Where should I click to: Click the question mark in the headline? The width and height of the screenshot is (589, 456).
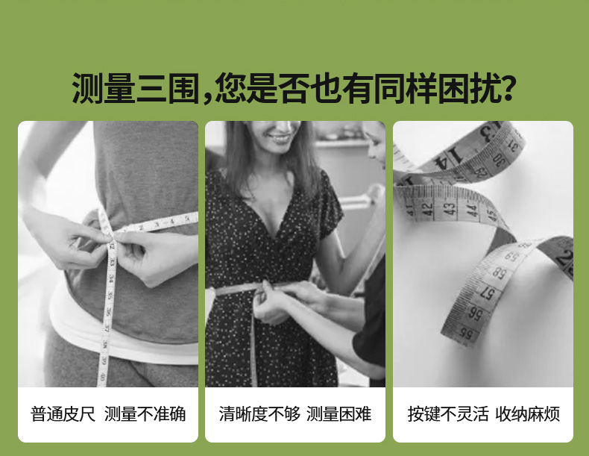click(x=508, y=87)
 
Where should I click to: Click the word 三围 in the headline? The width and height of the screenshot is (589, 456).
click(x=167, y=88)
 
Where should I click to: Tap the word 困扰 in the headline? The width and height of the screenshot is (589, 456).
click(x=470, y=88)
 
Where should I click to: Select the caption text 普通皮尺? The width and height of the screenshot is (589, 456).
click(x=63, y=414)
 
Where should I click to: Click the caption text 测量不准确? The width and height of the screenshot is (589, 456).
click(x=145, y=414)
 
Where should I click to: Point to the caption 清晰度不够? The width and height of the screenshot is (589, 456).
click(x=259, y=414)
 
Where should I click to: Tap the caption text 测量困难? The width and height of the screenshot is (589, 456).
click(x=338, y=414)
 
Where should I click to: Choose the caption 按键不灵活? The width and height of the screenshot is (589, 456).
click(x=448, y=414)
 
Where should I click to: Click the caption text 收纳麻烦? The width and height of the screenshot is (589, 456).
click(x=528, y=414)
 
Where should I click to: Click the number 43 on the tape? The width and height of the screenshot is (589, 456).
click(x=450, y=208)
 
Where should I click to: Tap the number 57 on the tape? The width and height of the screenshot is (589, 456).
click(x=486, y=293)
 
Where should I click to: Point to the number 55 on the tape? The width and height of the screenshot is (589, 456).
click(x=466, y=333)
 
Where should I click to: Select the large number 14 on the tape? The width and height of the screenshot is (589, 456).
click(x=448, y=158)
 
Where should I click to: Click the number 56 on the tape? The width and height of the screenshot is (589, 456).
click(x=475, y=313)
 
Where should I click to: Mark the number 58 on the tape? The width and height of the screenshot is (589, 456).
click(x=499, y=273)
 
